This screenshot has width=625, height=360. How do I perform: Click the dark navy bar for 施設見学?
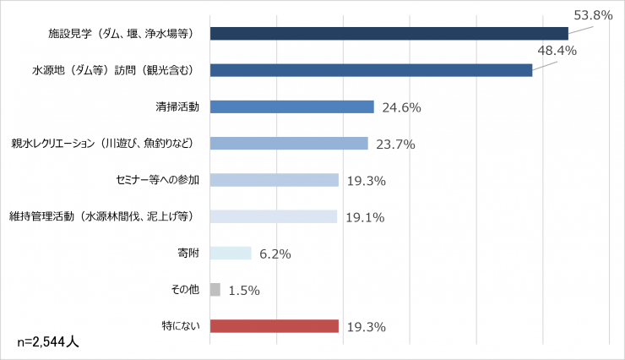[389, 34]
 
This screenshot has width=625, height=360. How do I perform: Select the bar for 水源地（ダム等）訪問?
[371, 70]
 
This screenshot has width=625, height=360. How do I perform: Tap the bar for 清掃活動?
[291, 106]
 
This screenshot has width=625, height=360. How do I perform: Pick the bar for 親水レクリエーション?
[289, 143]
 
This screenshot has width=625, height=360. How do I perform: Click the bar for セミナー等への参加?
[274, 180]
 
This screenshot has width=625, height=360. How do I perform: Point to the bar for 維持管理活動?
[273, 216]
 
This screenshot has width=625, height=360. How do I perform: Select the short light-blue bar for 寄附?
[231, 253]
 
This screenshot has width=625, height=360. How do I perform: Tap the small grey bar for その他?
[215, 290]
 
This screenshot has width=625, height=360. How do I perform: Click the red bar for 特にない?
[274, 326]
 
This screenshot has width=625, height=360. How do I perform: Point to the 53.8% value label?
[592, 14]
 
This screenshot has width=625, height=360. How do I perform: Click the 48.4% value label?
[557, 51]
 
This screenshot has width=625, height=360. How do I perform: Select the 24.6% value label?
[402, 107]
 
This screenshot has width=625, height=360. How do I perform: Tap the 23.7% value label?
[395, 144]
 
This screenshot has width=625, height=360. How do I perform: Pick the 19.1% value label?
[365, 217]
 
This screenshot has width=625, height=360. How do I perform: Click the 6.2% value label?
[275, 254]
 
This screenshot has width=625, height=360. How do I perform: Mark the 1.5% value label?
[244, 291]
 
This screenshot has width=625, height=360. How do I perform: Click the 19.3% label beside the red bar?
[367, 327]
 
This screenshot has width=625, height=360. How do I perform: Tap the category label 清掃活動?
[177, 106]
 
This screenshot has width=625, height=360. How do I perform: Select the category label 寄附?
[187, 253]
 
